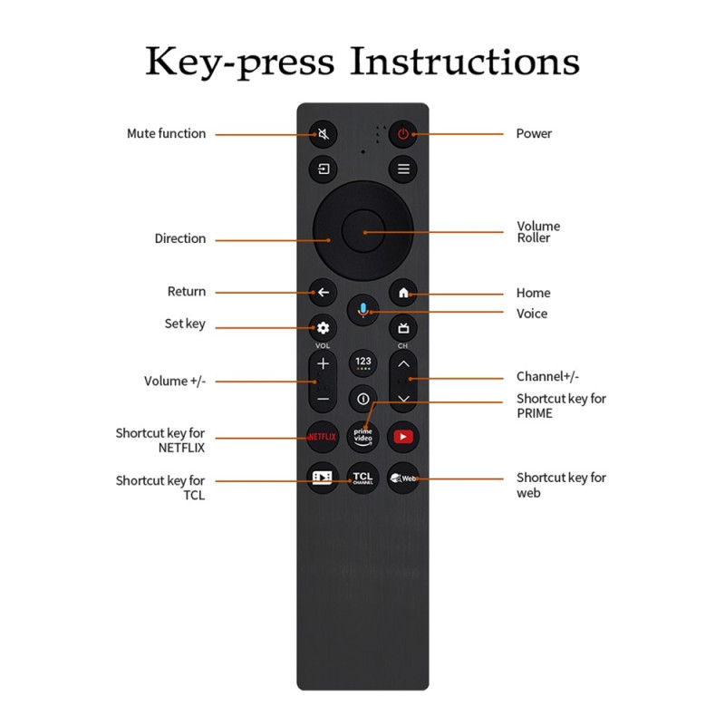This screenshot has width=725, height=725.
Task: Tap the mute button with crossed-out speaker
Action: click(x=323, y=134)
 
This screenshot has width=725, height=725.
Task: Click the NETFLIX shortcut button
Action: click(x=323, y=437)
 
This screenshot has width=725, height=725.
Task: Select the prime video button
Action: click(x=362, y=437)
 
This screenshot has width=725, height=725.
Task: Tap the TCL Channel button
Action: click(x=362, y=477)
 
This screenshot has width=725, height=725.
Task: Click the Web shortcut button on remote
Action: click(x=403, y=477)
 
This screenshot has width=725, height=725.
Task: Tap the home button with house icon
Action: click(x=403, y=293)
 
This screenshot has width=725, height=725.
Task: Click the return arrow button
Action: click(x=323, y=293)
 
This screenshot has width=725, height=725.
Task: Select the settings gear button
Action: click(x=323, y=328)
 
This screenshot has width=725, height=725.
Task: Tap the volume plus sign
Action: click(x=323, y=364)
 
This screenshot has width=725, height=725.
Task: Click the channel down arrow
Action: click(x=403, y=398)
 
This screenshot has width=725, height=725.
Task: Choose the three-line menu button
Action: click(x=403, y=169)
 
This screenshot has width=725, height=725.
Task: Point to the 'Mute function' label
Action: click(x=166, y=134)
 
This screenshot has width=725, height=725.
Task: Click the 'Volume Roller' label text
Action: click(x=538, y=232)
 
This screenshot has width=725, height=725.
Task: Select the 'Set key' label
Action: click(x=185, y=324)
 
